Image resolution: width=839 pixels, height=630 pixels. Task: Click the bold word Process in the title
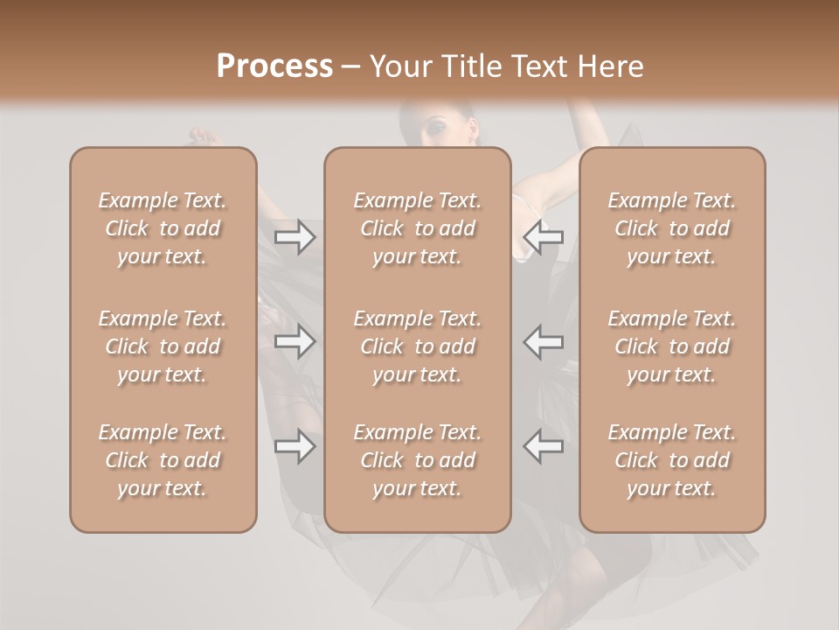click(274, 66)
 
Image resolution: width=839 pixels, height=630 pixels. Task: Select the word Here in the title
click(609, 66)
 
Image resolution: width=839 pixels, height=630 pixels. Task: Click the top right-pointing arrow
click(295, 237)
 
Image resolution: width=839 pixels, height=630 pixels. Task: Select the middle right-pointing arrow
click(295, 341)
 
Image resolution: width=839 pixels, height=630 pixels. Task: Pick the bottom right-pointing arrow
click(295, 446)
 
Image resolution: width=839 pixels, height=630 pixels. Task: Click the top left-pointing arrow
click(544, 237)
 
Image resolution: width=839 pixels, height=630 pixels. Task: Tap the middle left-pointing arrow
click(544, 341)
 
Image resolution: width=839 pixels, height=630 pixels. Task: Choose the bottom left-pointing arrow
click(544, 446)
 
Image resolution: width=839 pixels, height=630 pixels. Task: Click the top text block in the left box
click(163, 228)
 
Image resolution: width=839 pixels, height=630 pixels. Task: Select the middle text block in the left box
click(163, 346)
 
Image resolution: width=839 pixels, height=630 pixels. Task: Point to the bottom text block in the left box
click(163, 460)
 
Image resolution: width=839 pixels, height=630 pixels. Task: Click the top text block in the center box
click(417, 228)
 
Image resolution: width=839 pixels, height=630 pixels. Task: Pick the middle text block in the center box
click(417, 346)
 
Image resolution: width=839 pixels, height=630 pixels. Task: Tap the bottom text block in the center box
click(417, 460)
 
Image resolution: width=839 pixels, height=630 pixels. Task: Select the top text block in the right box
click(671, 228)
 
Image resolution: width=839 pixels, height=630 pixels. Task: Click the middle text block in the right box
click(671, 346)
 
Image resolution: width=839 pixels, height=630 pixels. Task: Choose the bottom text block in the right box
click(671, 460)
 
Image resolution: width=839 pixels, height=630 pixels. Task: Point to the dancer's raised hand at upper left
click(202, 136)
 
